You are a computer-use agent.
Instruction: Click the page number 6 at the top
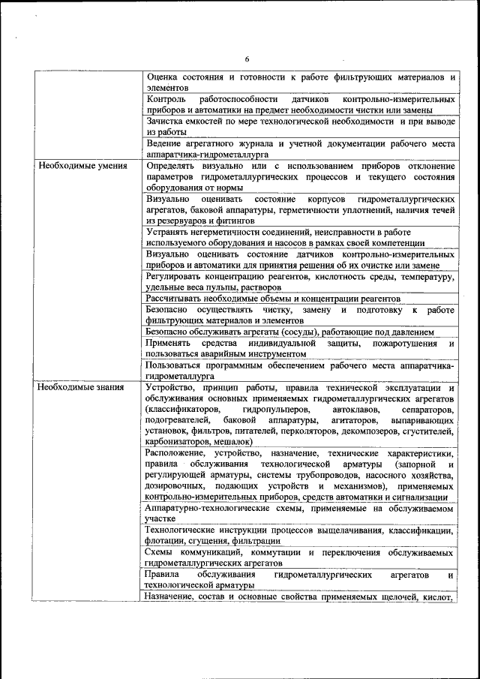coord(247,59)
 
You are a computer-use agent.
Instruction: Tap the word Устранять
coord(170,232)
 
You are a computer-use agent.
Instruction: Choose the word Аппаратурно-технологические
coord(211,508)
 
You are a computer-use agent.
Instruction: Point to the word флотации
coord(167,542)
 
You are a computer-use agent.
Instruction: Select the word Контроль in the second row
coord(166,99)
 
